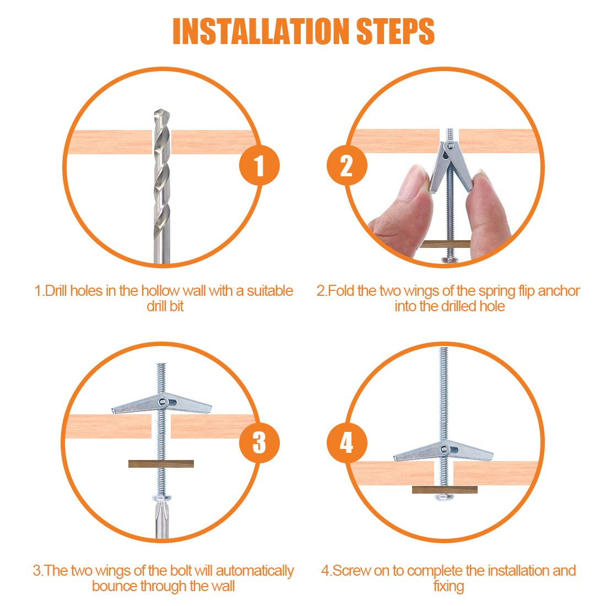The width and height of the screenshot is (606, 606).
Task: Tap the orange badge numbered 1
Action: tap(259, 165)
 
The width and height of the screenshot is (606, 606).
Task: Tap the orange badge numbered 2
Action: tap(347, 165)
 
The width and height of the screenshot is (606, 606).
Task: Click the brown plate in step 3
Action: tap(161, 464)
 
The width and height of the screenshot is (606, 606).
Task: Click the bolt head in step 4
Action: tap(443, 497)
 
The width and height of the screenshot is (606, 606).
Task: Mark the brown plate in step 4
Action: tap(444, 489)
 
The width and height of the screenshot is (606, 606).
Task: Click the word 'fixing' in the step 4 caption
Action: tap(448, 586)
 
